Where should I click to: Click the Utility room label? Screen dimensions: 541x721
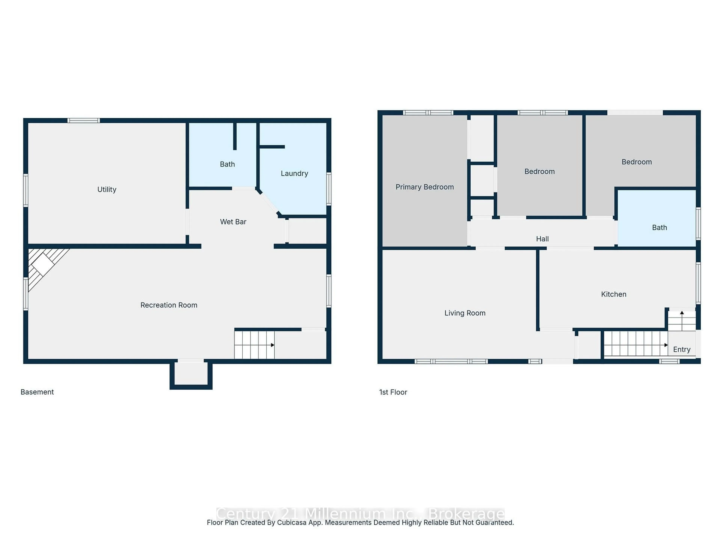pos(107,190)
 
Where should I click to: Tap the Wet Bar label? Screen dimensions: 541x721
pos(233,222)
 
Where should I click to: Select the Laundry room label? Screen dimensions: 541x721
pos(294,174)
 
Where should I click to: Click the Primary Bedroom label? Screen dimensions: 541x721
pos(424,187)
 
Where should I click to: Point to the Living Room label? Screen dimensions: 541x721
pos(465,313)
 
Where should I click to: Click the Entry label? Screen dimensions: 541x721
pos(682,350)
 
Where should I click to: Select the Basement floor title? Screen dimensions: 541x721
pos(37,392)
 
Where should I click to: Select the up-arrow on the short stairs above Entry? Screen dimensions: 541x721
pos(682,313)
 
